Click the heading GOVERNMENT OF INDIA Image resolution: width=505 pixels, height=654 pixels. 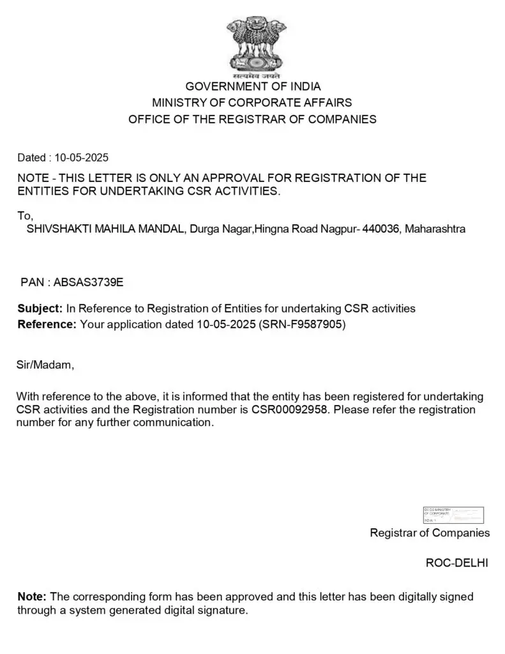coord(253,86)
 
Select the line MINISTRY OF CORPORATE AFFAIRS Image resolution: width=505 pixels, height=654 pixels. coord(252,102)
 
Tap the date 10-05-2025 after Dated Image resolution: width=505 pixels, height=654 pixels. coord(82,157)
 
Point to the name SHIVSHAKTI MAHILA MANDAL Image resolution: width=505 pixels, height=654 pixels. coord(106,229)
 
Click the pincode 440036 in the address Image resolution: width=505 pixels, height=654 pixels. coord(381,229)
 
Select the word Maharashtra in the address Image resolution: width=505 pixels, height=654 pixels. coord(435,229)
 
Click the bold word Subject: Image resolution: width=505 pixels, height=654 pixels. coord(40,308)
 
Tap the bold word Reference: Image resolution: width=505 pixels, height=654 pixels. coord(47,324)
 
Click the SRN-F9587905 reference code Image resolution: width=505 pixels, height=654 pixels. coord(303,324)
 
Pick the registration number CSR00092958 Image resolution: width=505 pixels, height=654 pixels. coord(290,409)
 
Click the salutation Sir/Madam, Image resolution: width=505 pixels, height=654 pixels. coord(45,365)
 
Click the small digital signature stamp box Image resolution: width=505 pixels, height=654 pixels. coord(453,515)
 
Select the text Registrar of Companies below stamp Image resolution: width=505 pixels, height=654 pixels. coord(430,533)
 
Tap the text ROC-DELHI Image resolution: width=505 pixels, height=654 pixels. coord(457,563)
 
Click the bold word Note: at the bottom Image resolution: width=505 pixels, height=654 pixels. coord(32,597)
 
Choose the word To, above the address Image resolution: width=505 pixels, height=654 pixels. coord(25,216)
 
